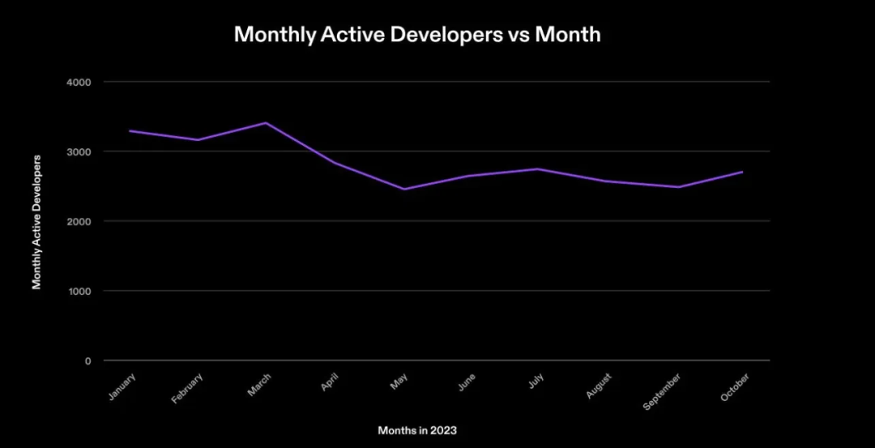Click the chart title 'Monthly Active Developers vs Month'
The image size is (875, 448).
[x=417, y=35]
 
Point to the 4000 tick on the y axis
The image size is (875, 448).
[x=79, y=83]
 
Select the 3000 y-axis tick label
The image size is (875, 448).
[x=79, y=152]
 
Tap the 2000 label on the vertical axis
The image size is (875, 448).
[x=79, y=222]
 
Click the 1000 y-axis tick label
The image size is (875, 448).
[x=79, y=292]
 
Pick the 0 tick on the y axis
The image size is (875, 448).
[x=87, y=361]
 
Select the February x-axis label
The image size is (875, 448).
[x=188, y=388]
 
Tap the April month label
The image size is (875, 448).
[x=329, y=382]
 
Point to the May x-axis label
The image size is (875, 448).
[x=399, y=382]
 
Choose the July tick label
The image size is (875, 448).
[x=536, y=382]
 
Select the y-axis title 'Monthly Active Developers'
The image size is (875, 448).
[x=36, y=221]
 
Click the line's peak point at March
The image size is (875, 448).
[x=266, y=123]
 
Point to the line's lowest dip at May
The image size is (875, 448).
[x=403, y=190]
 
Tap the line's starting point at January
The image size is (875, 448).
[x=130, y=131]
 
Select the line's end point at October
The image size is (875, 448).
[x=742, y=172]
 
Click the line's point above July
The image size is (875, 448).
[x=540, y=169]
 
